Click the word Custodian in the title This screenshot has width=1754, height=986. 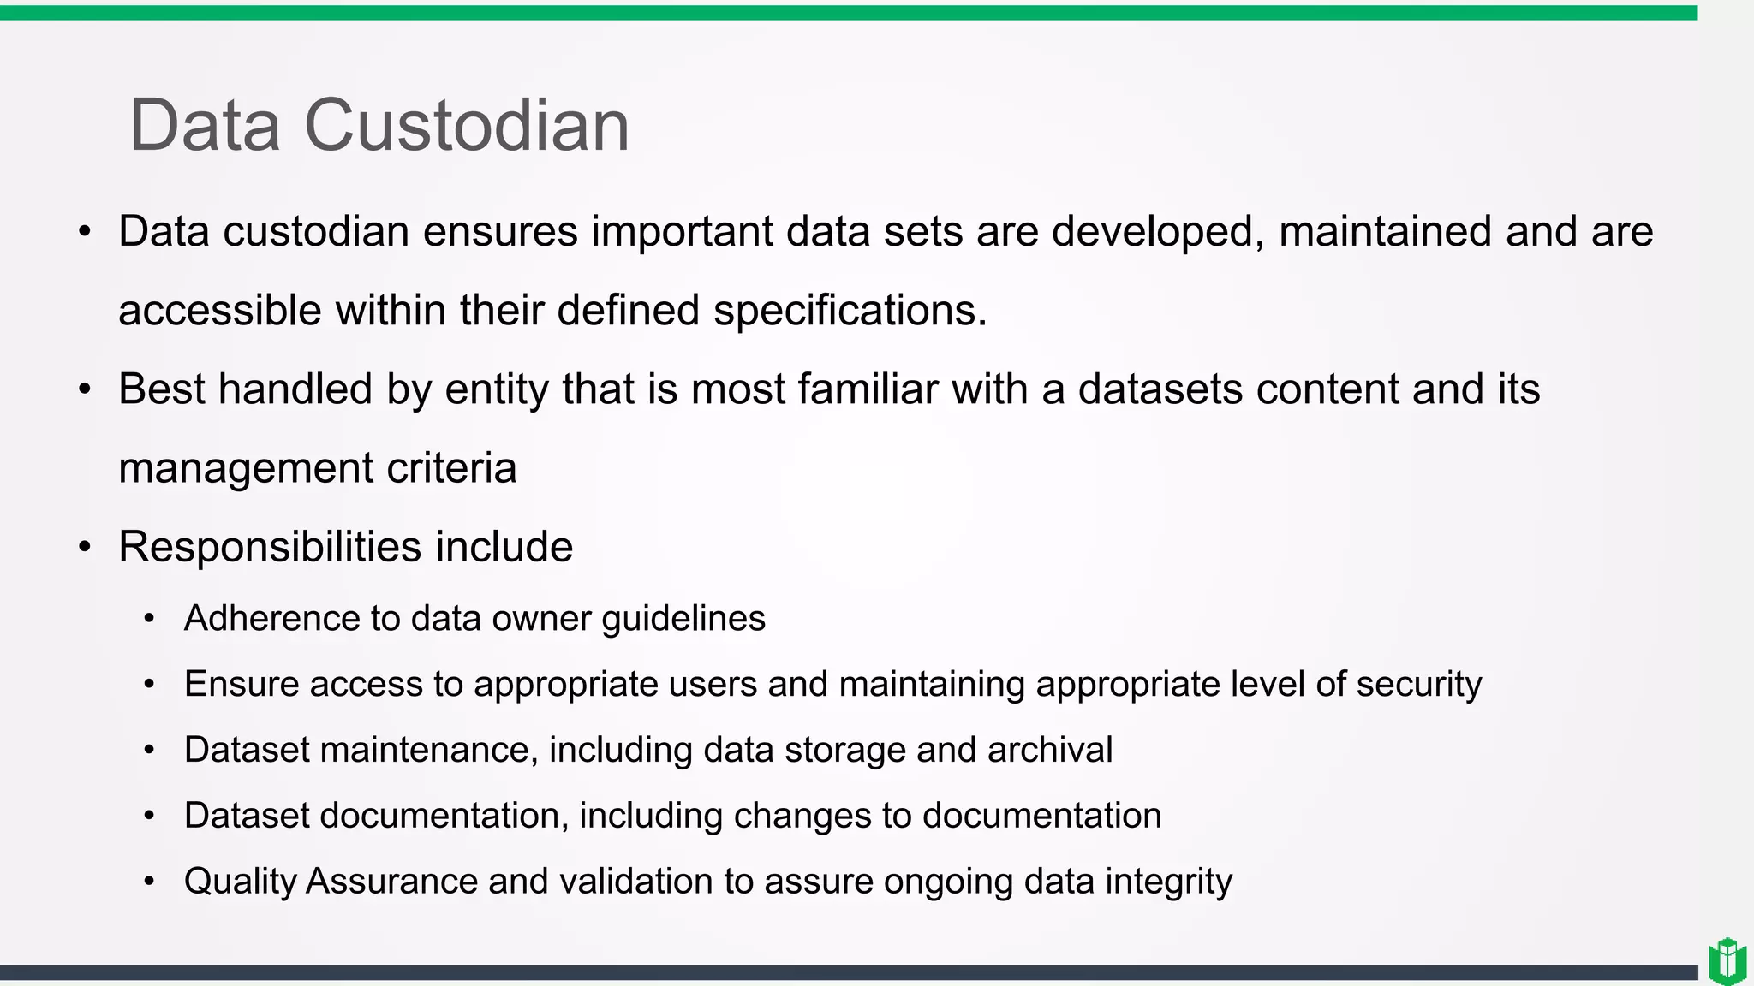coord(467,126)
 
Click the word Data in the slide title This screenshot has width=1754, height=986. coord(205,126)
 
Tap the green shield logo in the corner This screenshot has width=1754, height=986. coord(1727,961)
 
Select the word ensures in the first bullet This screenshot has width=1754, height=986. coord(500,232)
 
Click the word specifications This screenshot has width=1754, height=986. coord(850,311)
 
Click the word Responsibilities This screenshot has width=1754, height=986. coord(270,547)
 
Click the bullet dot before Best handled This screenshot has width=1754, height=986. coord(84,390)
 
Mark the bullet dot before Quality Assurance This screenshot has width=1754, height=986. coord(150,882)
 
